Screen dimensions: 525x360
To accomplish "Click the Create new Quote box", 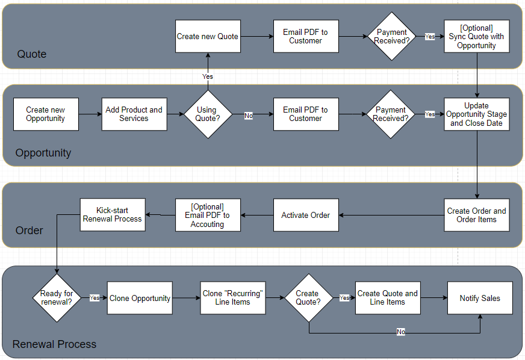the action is pyautogui.click(x=208, y=36).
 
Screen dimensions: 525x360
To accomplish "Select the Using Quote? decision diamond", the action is pyautogui.click(x=208, y=114).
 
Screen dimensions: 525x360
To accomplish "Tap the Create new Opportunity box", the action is pyautogui.click(x=46, y=114).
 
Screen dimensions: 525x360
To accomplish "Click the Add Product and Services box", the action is pyautogui.click(x=134, y=114).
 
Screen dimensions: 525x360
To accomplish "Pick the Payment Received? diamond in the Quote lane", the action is pyautogui.click(x=391, y=36).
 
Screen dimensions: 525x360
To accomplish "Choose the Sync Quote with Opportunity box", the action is pyautogui.click(x=477, y=36).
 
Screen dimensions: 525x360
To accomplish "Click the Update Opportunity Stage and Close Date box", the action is pyautogui.click(x=477, y=114).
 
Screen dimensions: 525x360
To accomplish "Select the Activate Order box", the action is pyautogui.click(x=306, y=215).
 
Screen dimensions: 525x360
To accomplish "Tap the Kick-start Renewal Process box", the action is pyautogui.click(x=113, y=215).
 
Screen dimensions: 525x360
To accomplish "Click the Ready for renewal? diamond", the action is pyautogui.click(x=57, y=298).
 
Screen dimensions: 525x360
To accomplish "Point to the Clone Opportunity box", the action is pyautogui.click(x=140, y=298).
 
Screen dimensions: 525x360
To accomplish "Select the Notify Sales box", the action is pyautogui.click(x=480, y=298).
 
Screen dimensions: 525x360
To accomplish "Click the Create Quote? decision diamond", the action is pyautogui.click(x=309, y=298).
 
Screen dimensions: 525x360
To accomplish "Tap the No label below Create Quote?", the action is pyautogui.click(x=401, y=332).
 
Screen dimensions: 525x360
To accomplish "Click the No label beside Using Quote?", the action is pyautogui.click(x=249, y=116).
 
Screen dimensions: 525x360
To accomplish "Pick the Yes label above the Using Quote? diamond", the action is pyautogui.click(x=208, y=76).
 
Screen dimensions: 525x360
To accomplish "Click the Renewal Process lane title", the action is pyautogui.click(x=54, y=344).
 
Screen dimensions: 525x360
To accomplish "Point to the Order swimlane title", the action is pyautogui.click(x=29, y=231).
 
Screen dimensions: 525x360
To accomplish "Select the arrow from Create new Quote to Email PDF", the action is pyautogui.click(x=257, y=36).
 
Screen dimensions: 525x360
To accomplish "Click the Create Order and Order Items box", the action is pyautogui.click(x=477, y=215).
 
